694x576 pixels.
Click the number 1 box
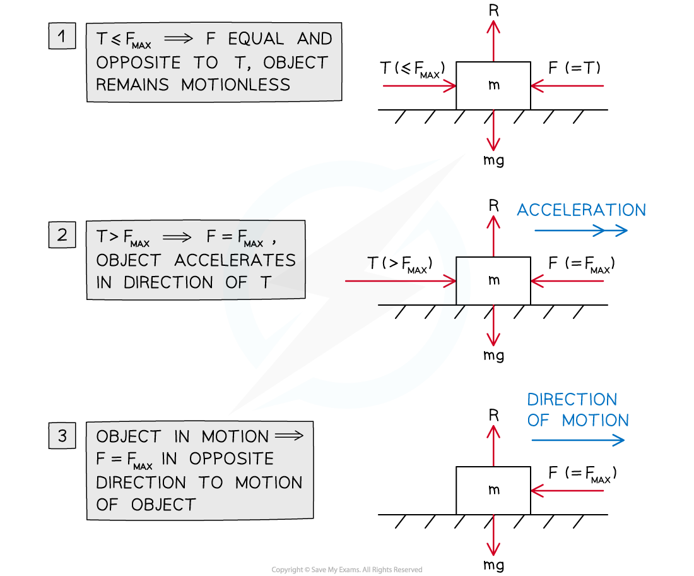click(61, 37)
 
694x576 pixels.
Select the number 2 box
click(61, 235)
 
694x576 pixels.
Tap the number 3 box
click(61, 436)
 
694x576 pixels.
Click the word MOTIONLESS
click(236, 85)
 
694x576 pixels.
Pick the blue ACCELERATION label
click(581, 210)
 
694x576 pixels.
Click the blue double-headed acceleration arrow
click(581, 231)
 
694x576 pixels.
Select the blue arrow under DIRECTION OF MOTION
click(577, 440)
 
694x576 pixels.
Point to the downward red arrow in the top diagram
click(493, 130)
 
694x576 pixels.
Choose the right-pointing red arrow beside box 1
click(419, 85)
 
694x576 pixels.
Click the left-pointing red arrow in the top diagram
click(568, 85)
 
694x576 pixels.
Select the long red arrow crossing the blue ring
click(400, 281)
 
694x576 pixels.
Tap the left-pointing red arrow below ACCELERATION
click(568, 281)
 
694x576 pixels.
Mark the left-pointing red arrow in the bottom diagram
click(568, 490)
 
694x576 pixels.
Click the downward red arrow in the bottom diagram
click(493, 535)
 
